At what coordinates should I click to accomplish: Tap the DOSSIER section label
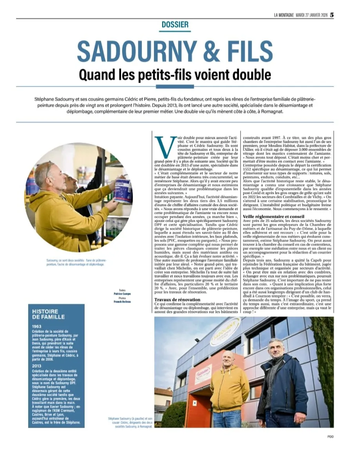[175, 25]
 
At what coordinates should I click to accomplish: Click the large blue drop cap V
[163, 146]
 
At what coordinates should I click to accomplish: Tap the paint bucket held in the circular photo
[123, 190]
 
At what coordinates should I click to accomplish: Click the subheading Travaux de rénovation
[177, 300]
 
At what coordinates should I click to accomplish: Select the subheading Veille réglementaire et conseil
[273, 216]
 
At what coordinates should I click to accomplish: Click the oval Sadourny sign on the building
[226, 331]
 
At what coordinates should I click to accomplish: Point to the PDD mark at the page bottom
[330, 437]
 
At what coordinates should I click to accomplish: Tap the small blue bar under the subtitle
[175, 86]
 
